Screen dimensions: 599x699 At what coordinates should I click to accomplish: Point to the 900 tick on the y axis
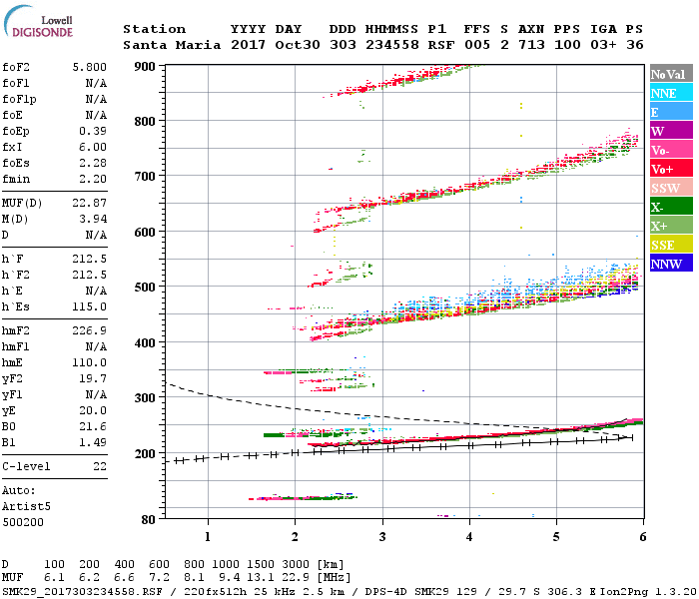pyautogui.click(x=146, y=66)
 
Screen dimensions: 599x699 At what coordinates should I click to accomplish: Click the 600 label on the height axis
pyautogui.click(x=146, y=232)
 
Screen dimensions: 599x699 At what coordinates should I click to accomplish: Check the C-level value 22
pyautogui.click(x=100, y=466)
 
